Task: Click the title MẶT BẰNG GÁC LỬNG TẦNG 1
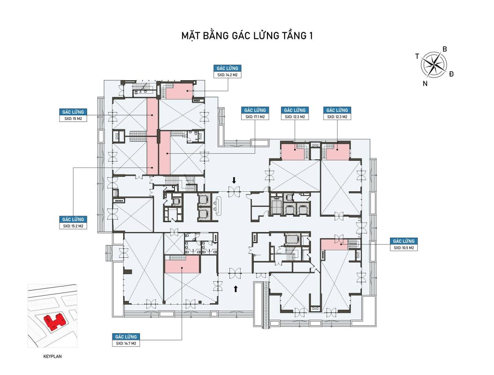pyautogui.click(x=247, y=35)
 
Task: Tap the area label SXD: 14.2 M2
pyautogui.click(x=227, y=75)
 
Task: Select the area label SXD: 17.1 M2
pyautogui.click(x=255, y=117)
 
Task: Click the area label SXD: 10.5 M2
pyautogui.click(x=404, y=248)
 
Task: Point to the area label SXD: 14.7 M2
pyautogui.click(x=126, y=343)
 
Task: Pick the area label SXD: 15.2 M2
pyautogui.click(x=73, y=226)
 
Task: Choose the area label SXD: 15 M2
pyautogui.click(x=73, y=119)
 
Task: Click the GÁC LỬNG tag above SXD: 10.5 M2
pyautogui.click(x=404, y=241)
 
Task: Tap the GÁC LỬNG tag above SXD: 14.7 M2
pyautogui.click(x=126, y=337)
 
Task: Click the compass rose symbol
pyautogui.click(x=434, y=65)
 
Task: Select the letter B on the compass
pyautogui.click(x=445, y=49)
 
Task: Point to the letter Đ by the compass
pyautogui.click(x=451, y=74)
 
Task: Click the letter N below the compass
pyautogui.click(x=425, y=83)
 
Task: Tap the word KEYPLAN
pyautogui.click(x=52, y=356)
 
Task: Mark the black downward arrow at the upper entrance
pyautogui.click(x=234, y=180)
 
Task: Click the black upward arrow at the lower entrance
pyautogui.click(x=236, y=289)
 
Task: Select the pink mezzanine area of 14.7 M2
pyautogui.click(x=182, y=264)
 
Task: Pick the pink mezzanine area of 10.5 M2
pyautogui.click(x=334, y=244)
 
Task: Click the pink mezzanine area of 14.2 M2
pyautogui.click(x=179, y=91)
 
